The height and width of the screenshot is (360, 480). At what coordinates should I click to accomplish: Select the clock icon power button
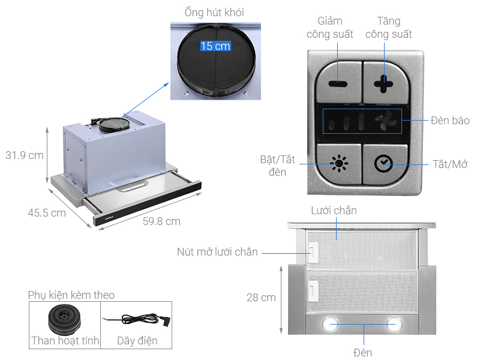pyautogui.click(x=382, y=164)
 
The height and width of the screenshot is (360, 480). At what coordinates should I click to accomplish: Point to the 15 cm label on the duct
pyautogui.click(x=215, y=46)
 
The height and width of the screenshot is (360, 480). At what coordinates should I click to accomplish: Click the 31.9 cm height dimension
pyautogui.click(x=24, y=155)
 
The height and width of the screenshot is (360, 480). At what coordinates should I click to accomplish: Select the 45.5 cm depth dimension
pyautogui.click(x=46, y=212)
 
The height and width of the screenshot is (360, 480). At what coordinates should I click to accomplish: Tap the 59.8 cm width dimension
pyautogui.click(x=161, y=221)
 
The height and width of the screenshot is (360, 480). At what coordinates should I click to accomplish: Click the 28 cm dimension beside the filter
pyautogui.click(x=260, y=298)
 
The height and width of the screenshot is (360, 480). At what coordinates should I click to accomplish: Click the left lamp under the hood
pyautogui.click(x=331, y=324)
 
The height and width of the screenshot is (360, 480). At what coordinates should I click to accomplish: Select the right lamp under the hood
pyautogui.click(x=393, y=324)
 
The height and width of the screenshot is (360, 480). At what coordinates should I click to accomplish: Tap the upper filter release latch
pyautogui.click(x=313, y=252)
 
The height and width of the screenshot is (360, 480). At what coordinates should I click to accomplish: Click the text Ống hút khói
pyautogui.click(x=214, y=12)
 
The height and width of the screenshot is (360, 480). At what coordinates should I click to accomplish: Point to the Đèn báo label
pyautogui.click(x=449, y=121)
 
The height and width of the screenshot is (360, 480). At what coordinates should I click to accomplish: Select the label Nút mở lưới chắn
pyautogui.click(x=217, y=252)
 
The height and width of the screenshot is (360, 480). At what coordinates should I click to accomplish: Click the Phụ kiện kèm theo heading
pyautogui.click(x=71, y=295)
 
